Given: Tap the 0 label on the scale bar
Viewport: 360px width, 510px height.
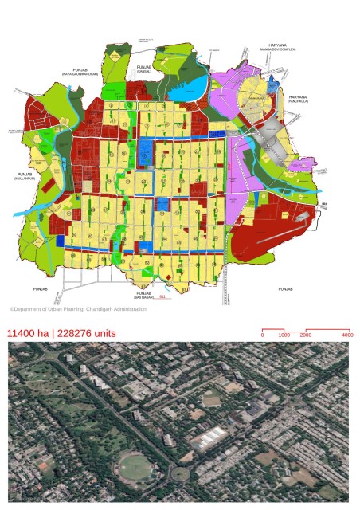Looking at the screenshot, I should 263,335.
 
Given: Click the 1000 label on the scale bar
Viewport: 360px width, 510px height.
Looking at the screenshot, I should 284,335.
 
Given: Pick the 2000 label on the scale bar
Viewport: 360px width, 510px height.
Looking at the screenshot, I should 305,335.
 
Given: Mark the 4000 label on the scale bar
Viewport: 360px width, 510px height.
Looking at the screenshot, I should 346,335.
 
